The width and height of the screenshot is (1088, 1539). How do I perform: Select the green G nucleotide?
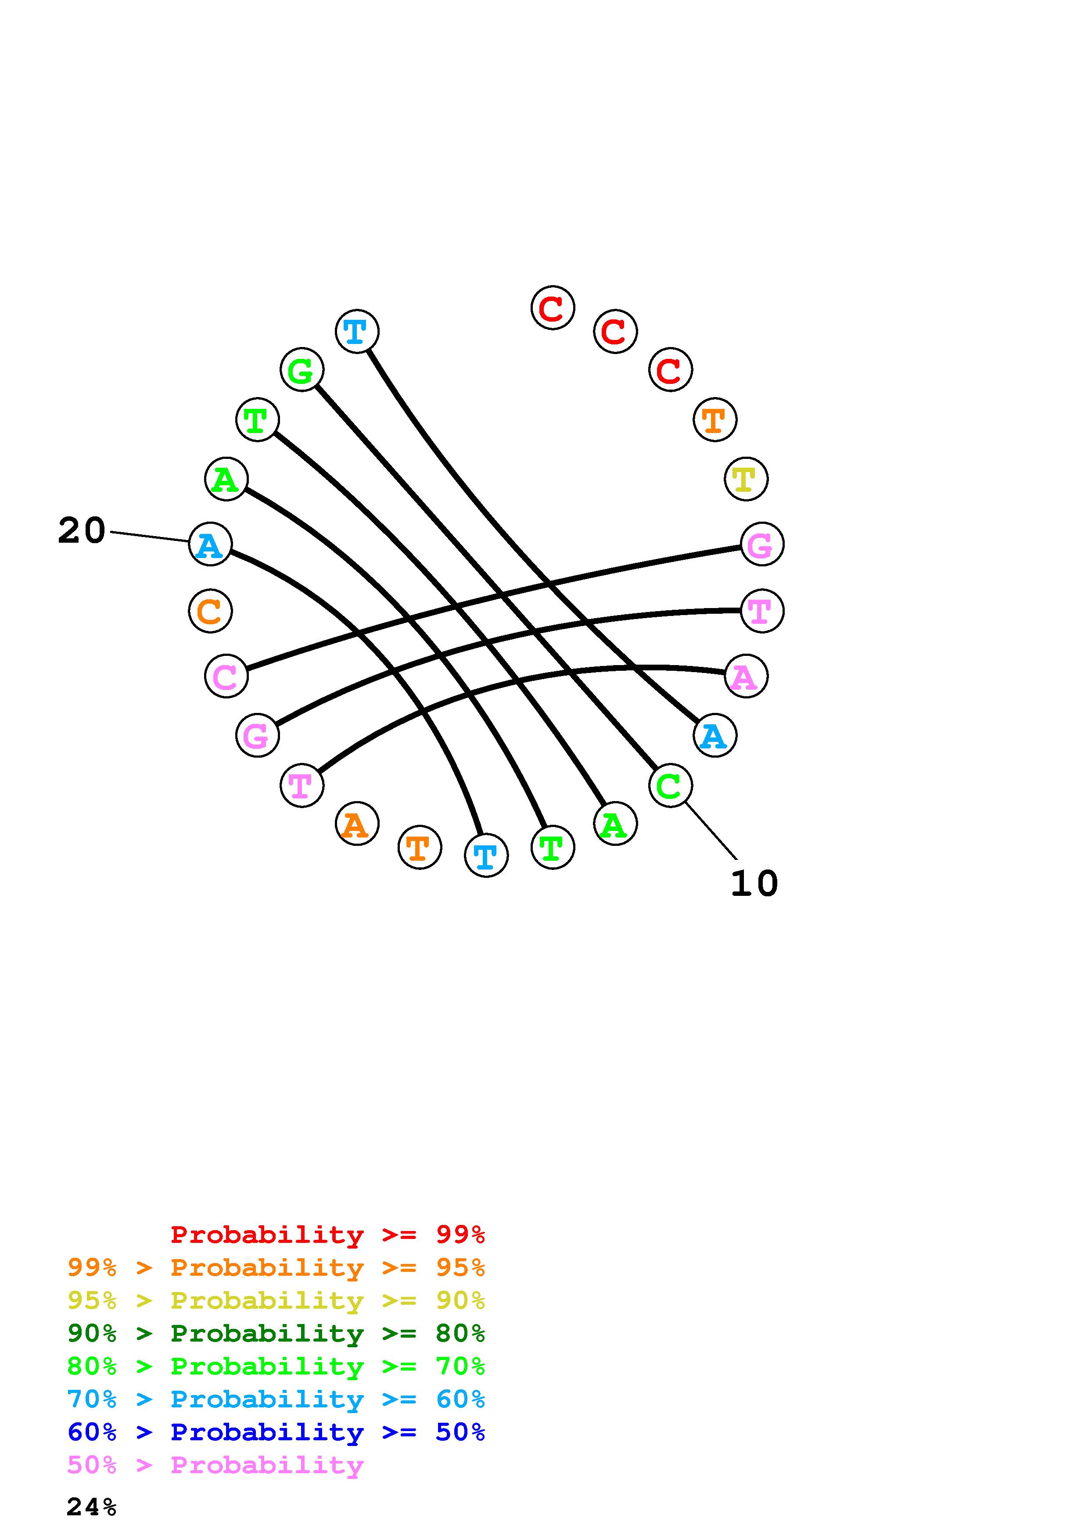coord(302,370)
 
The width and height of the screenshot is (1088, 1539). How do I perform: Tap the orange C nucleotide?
coord(211,611)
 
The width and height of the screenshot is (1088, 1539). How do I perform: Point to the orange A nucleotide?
coord(357,824)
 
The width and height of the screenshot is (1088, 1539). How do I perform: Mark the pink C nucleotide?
coord(226,676)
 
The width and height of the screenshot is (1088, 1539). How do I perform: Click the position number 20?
coord(82,531)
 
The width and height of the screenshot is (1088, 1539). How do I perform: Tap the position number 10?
coord(754,884)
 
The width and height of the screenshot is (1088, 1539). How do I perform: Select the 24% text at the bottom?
coord(92,1507)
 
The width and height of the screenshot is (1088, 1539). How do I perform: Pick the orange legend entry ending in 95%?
coord(276,1267)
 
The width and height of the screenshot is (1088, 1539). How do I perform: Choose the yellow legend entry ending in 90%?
coord(276,1300)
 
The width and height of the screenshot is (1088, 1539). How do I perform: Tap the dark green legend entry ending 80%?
coord(276,1333)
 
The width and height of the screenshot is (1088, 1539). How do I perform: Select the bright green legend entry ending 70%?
coord(276,1366)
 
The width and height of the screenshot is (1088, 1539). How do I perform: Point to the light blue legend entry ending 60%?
coord(276,1399)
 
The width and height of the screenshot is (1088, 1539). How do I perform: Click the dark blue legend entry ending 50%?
coord(276,1432)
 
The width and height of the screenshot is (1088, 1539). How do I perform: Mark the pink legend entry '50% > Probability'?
coord(216,1464)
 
